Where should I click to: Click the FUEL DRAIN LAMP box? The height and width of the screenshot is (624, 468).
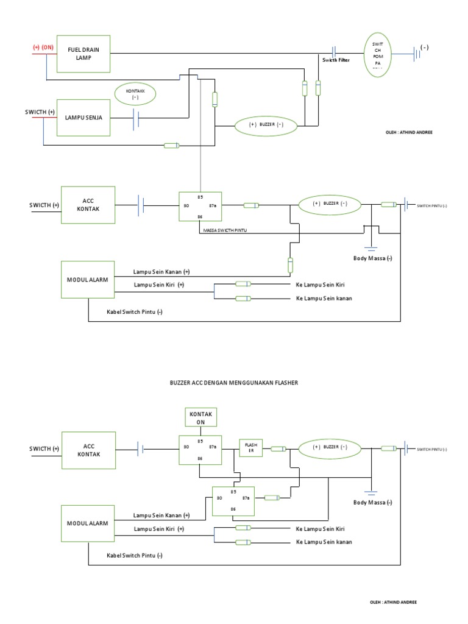click(83, 53)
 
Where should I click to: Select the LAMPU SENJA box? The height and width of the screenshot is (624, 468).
click(83, 116)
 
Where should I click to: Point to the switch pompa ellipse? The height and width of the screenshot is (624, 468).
click(377, 53)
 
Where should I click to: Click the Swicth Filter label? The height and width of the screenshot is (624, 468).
click(336, 60)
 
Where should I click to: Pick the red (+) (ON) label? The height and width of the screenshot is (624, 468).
click(43, 47)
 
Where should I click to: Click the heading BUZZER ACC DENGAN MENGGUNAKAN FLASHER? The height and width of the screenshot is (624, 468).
click(234, 383)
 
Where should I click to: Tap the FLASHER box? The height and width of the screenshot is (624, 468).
click(250, 448)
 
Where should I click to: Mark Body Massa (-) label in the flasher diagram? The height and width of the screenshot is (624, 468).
click(372, 503)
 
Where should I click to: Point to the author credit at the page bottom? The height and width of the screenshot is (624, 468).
click(393, 602)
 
